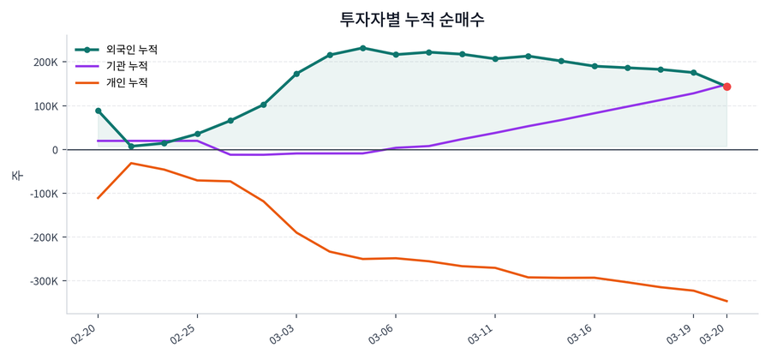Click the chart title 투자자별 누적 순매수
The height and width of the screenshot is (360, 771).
[412, 19]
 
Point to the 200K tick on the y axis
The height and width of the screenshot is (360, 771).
[45, 63]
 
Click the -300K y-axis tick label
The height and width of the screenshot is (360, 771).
[42, 281]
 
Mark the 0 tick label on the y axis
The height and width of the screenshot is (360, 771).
[54, 150]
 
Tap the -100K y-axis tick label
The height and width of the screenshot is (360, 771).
[42, 194]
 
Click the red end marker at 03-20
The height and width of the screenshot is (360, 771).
[726, 87]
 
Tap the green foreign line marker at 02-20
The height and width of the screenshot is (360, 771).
[98, 111]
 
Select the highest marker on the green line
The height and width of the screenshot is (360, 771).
[362, 48]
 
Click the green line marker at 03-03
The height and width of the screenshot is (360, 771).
[296, 74]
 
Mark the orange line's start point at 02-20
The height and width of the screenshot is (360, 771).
[98, 198]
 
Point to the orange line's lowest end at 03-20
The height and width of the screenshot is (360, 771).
[726, 301]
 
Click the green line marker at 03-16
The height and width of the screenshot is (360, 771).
[595, 66]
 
